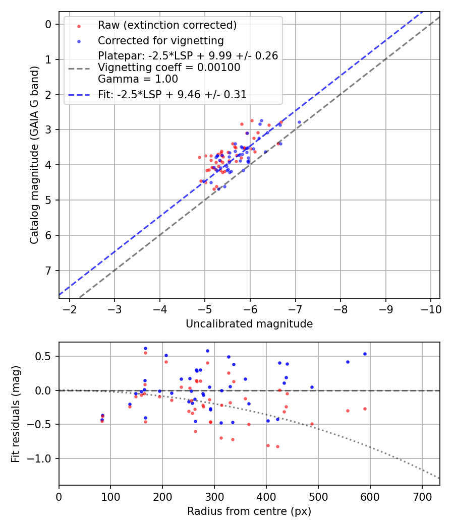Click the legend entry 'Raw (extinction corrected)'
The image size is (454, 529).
[x=167, y=25]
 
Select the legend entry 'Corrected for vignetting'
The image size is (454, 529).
[x=160, y=41]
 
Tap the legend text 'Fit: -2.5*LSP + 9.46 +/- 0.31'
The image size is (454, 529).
[x=172, y=94]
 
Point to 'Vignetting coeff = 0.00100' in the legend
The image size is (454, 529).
[x=169, y=68]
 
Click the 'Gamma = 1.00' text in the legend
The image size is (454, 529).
[x=138, y=79]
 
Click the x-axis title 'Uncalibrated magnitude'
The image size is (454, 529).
[x=249, y=324]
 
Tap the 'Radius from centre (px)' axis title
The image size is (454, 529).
[x=249, y=511]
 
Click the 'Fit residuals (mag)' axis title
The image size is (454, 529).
[x=16, y=414]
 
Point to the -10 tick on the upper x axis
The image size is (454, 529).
[x=430, y=309]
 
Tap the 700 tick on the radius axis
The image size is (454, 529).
[x=422, y=496]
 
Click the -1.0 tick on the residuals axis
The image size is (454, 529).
[x=43, y=459]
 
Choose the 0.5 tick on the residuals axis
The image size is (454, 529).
[x=46, y=357]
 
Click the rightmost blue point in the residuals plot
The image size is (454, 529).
[x=365, y=354]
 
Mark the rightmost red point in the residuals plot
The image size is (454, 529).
[x=365, y=409]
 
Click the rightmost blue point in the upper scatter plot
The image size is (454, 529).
[x=299, y=122]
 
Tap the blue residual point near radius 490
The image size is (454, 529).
[x=312, y=387]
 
